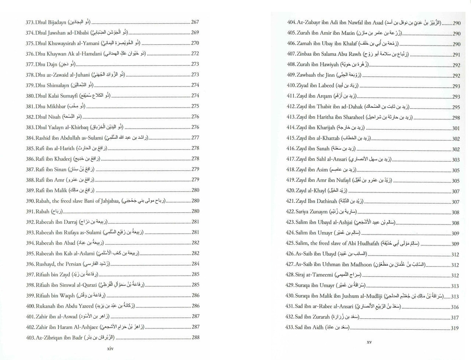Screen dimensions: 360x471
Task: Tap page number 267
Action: coord(195,22)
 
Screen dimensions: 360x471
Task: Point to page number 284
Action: coord(195,264)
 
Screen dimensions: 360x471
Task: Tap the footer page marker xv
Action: coord(369,342)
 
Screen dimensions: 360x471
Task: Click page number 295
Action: coord(456,107)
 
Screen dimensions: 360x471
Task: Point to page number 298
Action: coord(456,118)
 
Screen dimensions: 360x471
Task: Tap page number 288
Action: coord(195,337)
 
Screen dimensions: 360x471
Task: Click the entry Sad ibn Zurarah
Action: coord(312,317)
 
